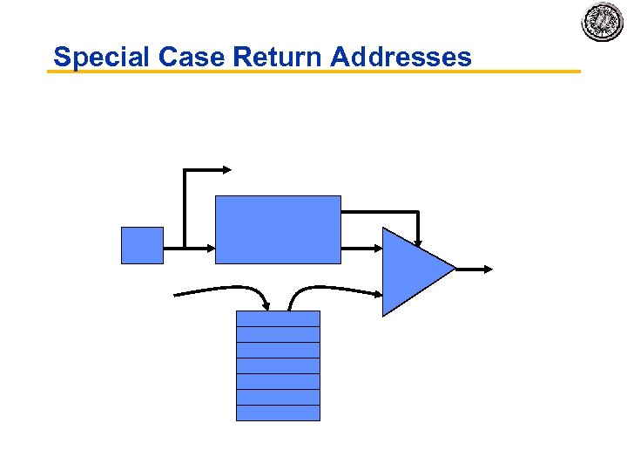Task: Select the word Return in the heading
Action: (x=279, y=58)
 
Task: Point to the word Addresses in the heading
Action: (x=401, y=58)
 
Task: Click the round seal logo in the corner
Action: (x=603, y=22)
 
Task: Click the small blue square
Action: (x=142, y=245)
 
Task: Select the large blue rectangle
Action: (x=278, y=229)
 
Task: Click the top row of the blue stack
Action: (x=278, y=319)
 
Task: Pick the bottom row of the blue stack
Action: (x=278, y=413)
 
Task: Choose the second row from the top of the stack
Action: (x=278, y=335)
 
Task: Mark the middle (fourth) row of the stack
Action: (x=278, y=366)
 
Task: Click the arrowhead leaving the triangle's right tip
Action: (x=487, y=270)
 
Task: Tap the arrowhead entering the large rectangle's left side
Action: (x=209, y=248)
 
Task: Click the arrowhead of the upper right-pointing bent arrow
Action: (x=226, y=169)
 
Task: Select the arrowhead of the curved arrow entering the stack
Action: (x=265, y=304)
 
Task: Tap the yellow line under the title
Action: (x=313, y=72)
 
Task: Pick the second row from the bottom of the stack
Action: (x=278, y=398)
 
